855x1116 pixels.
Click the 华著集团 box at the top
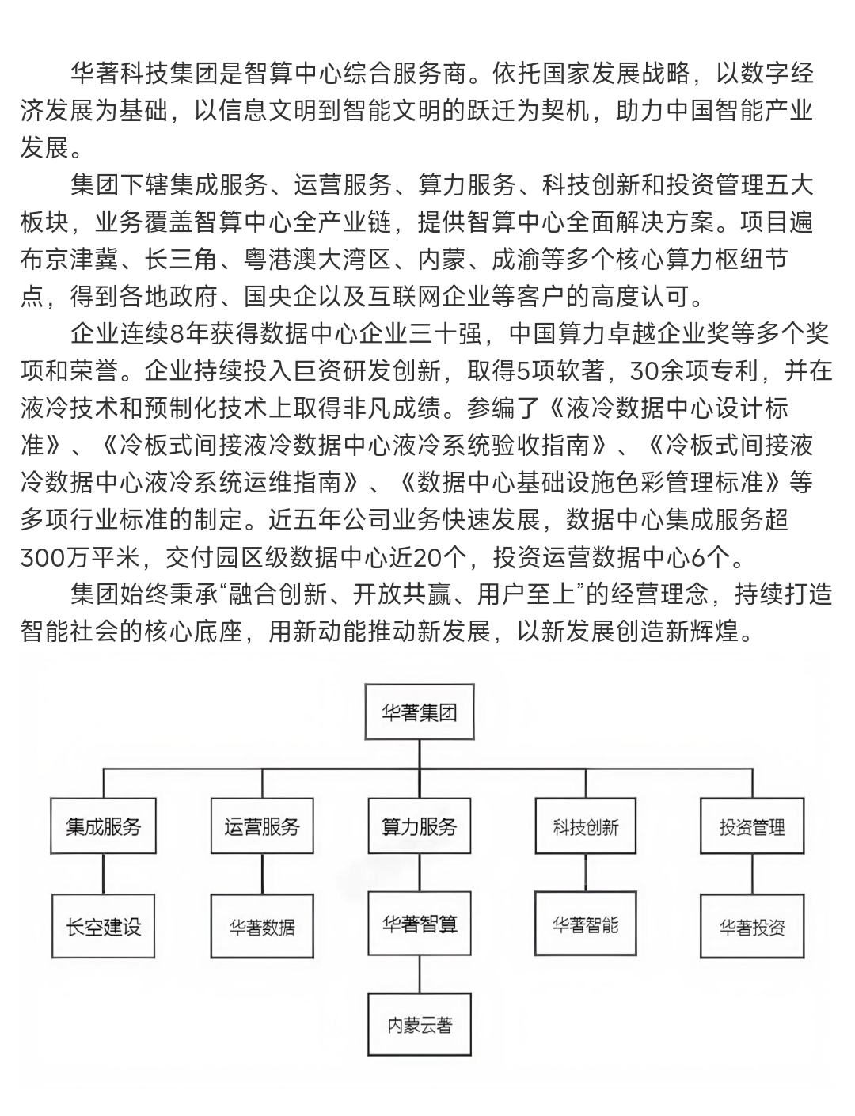(x=420, y=713)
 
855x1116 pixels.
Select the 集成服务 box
(x=103, y=827)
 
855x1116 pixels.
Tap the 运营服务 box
(x=262, y=827)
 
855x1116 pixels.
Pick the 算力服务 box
(x=420, y=827)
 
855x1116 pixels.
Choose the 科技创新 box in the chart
(x=586, y=828)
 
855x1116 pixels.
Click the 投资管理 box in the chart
(x=752, y=828)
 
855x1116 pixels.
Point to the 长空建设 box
(x=103, y=926)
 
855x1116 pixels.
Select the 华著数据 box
(x=262, y=927)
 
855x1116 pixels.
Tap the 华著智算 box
(x=420, y=924)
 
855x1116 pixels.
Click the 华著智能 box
(x=586, y=924)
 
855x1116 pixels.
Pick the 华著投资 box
(x=752, y=927)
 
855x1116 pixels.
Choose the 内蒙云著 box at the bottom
(x=420, y=1025)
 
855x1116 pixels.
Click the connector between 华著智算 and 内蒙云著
(x=420, y=976)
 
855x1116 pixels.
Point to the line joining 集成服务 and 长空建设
(x=104, y=874)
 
